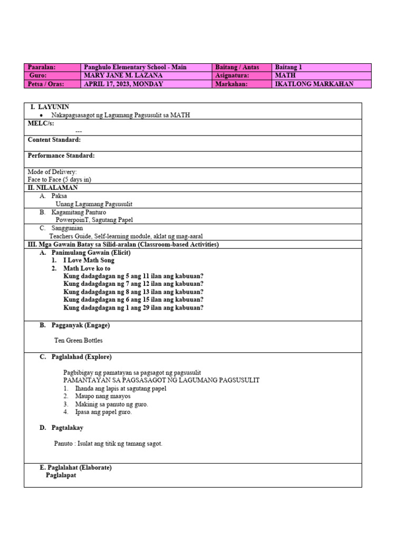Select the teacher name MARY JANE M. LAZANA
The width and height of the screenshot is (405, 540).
coord(127,75)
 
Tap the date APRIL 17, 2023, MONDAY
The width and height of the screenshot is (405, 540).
coord(123,84)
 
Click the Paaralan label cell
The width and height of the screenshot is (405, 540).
coord(42,67)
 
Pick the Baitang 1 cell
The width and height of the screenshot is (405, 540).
coord(288,67)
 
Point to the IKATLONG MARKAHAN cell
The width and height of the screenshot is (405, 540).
coord(314,84)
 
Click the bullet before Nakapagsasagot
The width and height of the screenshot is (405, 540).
coord(41,115)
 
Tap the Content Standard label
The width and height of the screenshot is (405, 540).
coord(54,140)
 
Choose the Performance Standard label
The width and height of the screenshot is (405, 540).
coord(61,156)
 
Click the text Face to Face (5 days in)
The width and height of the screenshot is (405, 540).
coord(60,179)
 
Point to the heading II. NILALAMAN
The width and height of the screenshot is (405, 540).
coord(53,188)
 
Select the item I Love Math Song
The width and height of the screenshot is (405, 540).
coord(89,261)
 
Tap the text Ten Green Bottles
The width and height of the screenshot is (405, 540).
coord(79,341)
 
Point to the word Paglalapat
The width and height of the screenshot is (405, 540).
coord(61,476)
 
